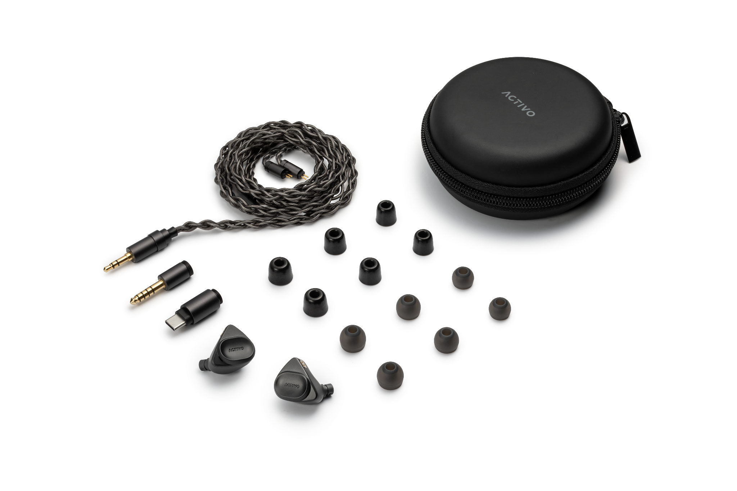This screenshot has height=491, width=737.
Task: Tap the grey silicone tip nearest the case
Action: (462, 278)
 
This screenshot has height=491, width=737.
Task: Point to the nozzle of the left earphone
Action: (203, 366)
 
